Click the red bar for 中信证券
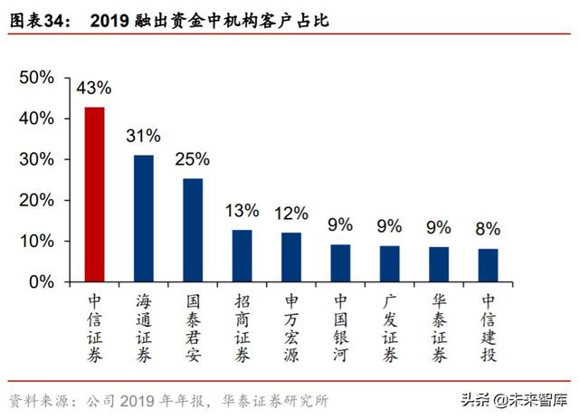(94, 195)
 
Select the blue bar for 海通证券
(144, 218)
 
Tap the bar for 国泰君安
(193, 230)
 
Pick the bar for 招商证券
(242, 255)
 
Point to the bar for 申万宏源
(291, 257)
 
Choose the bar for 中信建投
(488, 265)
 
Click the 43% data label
(94, 89)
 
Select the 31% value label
(144, 137)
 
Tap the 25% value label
(193, 160)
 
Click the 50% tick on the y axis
(36, 78)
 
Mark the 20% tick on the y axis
(36, 200)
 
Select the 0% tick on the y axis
(41, 281)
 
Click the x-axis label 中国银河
(340, 328)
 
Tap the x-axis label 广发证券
(390, 328)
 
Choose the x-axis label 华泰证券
(439, 328)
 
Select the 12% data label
(291, 214)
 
